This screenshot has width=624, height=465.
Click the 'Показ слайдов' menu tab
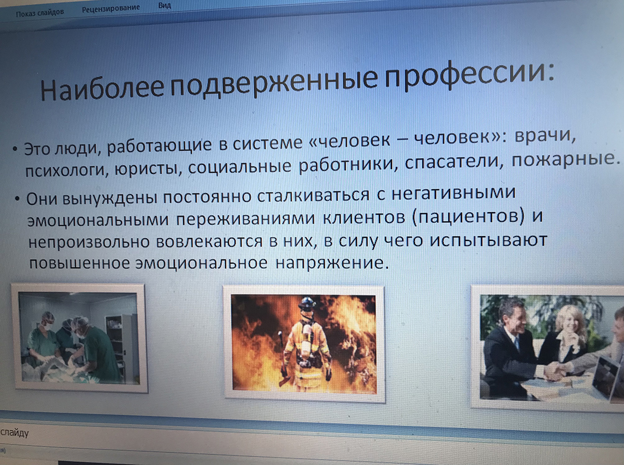[x=40, y=12]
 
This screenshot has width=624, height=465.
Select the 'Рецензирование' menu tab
[x=111, y=8]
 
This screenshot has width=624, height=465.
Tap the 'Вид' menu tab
[x=165, y=5]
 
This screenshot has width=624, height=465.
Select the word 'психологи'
[x=65, y=170]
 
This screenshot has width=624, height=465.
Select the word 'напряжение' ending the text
[x=332, y=263]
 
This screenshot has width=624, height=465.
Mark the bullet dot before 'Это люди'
[x=15, y=149]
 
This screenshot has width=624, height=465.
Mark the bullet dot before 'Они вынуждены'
[x=18, y=199]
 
